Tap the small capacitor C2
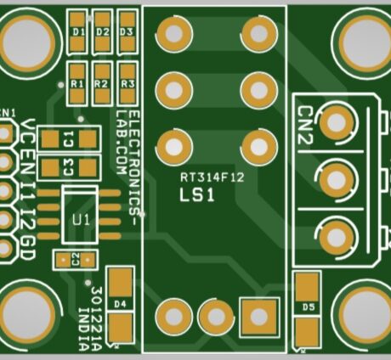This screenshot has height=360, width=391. coord(75,258)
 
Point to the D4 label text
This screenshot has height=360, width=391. coord(120,303)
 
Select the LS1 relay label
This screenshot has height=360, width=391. coord(196,196)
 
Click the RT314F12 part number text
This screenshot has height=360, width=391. coord(212,178)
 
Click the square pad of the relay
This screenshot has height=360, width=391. coord(259,315)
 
